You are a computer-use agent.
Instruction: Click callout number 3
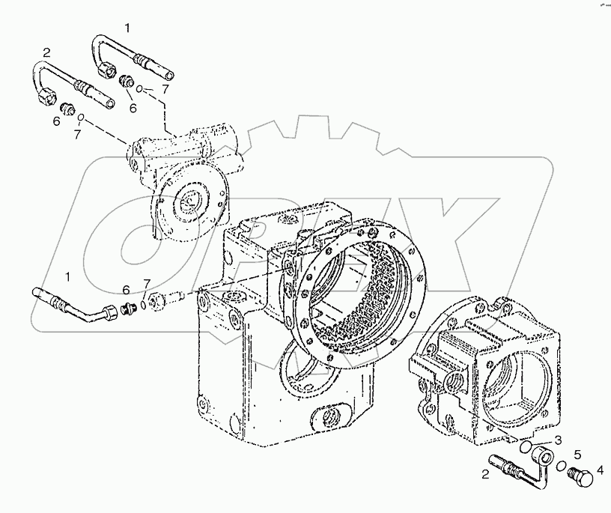click(x=557, y=440)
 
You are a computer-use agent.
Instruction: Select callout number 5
click(x=577, y=455)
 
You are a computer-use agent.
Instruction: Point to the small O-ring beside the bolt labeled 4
click(x=561, y=467)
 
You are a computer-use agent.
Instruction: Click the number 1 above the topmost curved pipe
click(x=127, y=28)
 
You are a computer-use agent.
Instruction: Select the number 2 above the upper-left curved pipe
click(x=46, y=52)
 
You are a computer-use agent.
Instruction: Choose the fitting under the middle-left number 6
click(x=127, y=305)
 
